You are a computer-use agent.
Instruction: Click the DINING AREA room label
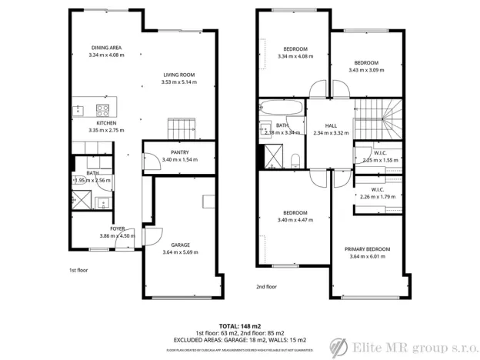[106, 48]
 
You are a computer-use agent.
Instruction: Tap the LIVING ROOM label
[178, 75]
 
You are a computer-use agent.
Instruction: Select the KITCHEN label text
[106, 123]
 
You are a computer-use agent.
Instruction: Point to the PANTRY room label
[180, 152]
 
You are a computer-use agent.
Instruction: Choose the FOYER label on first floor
[117, 228]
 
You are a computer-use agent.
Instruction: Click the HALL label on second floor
[331, 125]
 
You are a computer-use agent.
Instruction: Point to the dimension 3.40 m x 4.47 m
[295, 220]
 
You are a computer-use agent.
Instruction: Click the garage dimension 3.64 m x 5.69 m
[182, 252]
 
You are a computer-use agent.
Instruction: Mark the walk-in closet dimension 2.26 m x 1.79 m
[378, 197]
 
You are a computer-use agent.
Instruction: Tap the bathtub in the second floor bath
[282, 107]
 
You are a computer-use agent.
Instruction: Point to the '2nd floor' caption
[266, 286]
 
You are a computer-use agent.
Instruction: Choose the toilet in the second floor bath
[295, 159]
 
